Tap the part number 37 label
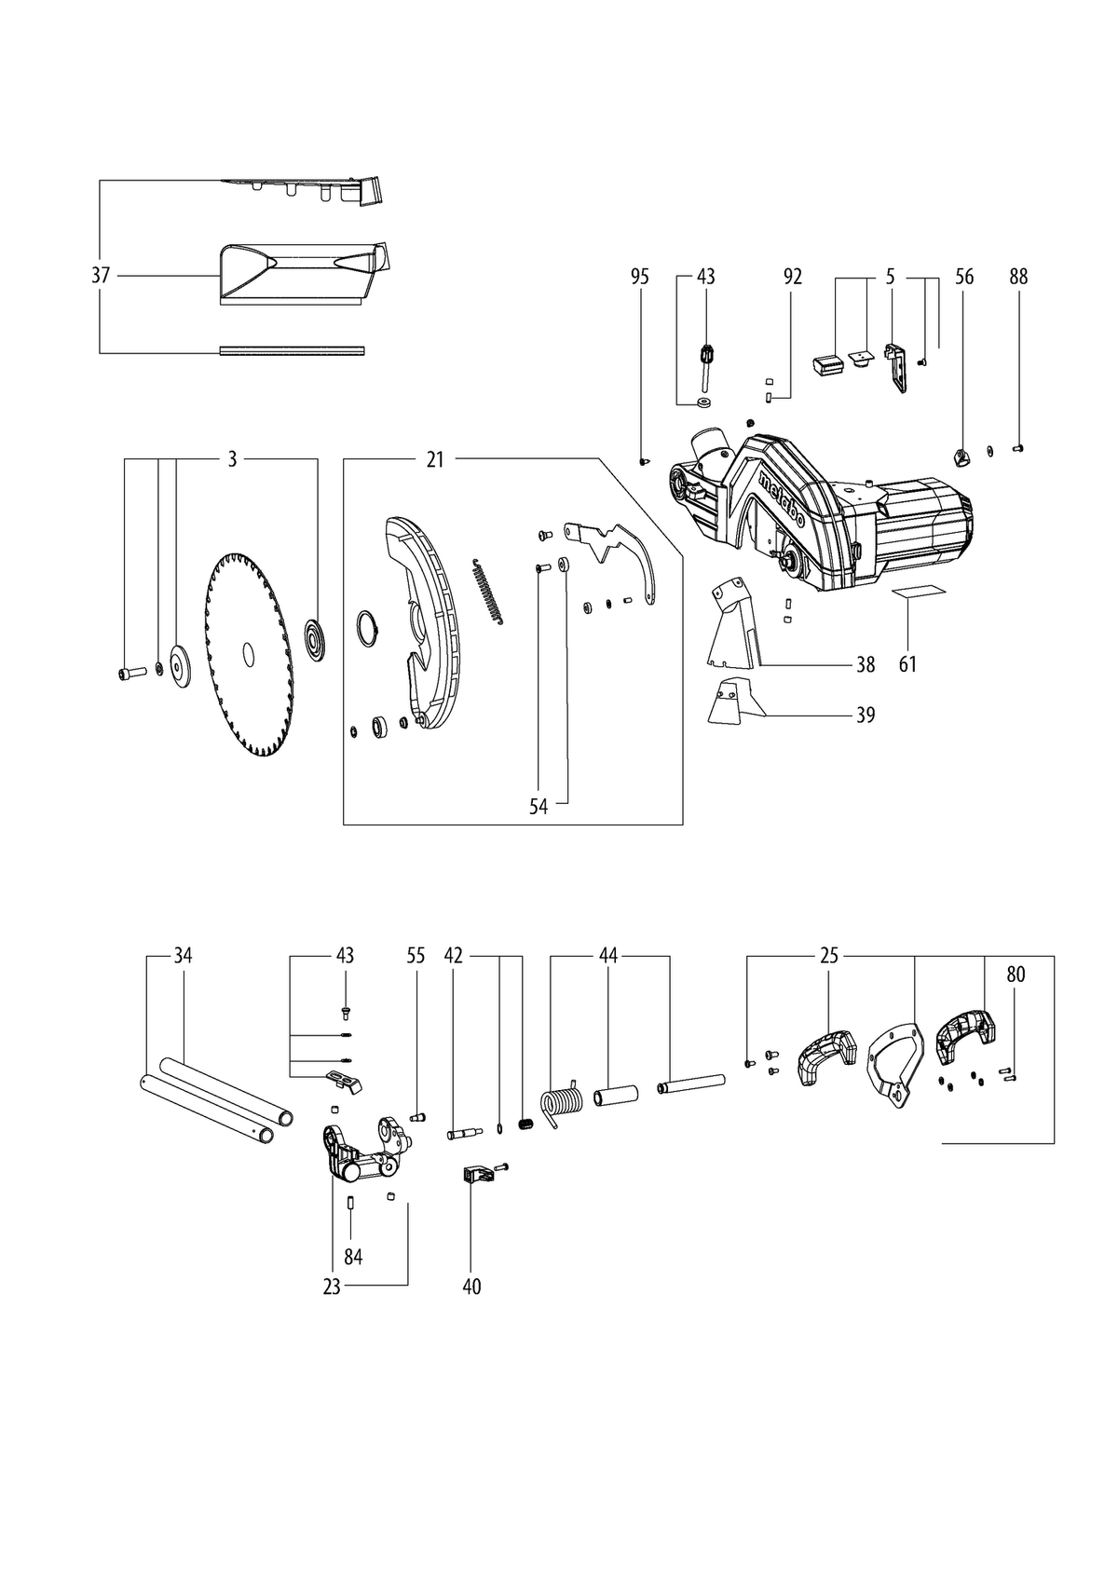pos(101,275)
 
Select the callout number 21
pos(435,459)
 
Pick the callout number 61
pos(907,664)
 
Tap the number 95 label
pos(639,277)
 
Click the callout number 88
pos(1018,277)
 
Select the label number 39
pos(866,715)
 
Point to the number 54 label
pos(539,807)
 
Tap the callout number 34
pos(183,956)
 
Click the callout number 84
pos(353,1257)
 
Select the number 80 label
pos(1015,974)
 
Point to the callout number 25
pos(829,956)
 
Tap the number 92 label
pos(794,277)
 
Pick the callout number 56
pos(964,277)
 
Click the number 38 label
pos(866,664)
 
